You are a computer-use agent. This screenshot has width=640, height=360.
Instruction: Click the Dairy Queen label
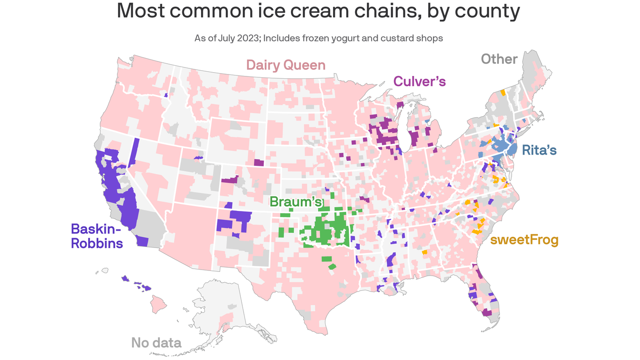pyautogui.click(x=285, y=65)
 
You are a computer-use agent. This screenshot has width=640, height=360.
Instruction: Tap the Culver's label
pyautogui.click(x=419, y=81)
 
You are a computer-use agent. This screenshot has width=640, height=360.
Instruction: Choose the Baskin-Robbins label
pyautogui.click(x=97, y=236)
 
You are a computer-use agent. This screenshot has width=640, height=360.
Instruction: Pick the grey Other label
pyautogui.click(x=499, y=59)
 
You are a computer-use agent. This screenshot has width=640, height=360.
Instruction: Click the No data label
pyautogui.click(x=156, y=343)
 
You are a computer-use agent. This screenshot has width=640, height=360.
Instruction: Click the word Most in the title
pyautogui.click(x=141, y=11)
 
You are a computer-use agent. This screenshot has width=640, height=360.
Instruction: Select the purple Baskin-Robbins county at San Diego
pyautogui.click(x=142, y=241)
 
